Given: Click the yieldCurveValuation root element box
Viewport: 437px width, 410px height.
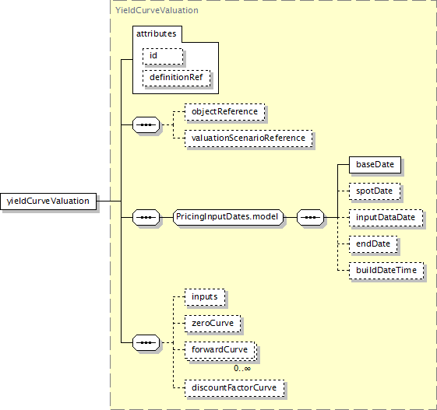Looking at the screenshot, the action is pos(48,201).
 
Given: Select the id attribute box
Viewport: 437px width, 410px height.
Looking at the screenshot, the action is pos(163,57).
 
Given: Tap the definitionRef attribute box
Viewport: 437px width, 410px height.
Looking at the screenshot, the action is pos(176,79).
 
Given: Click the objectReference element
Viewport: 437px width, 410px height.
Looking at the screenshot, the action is pos(224,112).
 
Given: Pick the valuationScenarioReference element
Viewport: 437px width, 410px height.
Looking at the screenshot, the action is pos(248,138).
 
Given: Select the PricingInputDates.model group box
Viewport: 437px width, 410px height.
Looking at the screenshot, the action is pos(228,217).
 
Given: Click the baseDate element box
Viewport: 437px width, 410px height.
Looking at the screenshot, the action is pos(375,165).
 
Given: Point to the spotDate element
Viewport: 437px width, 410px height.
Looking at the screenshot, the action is pos(375,191).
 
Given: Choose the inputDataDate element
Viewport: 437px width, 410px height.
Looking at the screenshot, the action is pos(386,218).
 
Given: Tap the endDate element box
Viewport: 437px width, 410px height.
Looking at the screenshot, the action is pos(373,244).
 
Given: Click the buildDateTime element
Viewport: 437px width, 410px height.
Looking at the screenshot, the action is pos(386,271).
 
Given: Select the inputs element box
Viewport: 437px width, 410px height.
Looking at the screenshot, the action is pos(205,297).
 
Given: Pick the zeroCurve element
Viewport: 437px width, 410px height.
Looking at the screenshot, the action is pos(213,324).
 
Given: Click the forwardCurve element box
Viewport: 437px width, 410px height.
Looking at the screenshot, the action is pos(220,350).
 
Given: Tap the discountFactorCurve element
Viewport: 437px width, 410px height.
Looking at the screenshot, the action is pos(234,388).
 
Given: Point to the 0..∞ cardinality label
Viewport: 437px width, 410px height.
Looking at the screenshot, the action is pos(242,369).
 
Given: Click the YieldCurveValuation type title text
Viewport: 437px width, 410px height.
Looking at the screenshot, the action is pos(157,10).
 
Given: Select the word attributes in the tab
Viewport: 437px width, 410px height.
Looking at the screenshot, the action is pos(157,33).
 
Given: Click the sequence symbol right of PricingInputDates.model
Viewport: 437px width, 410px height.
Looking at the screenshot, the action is pos(311,217).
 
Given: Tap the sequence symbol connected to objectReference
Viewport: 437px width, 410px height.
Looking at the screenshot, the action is pos(146,124).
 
